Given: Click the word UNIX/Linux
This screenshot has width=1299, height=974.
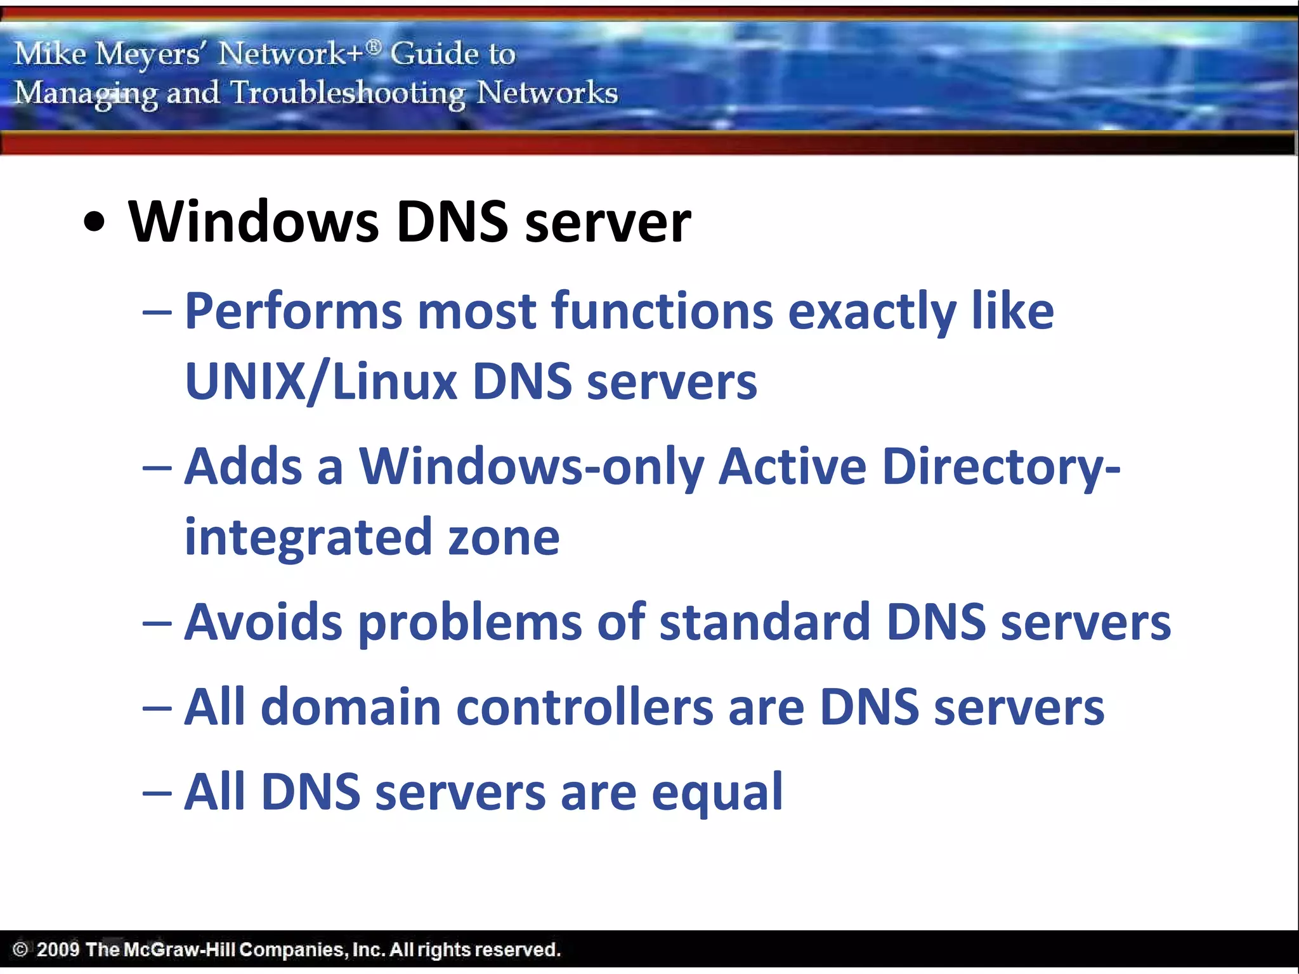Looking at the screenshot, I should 321,382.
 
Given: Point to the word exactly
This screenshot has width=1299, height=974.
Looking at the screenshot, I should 871,313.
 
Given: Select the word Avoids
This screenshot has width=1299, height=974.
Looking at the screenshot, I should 263,622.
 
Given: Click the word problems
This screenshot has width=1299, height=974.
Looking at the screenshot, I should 470,623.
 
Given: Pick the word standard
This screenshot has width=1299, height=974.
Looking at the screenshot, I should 764,622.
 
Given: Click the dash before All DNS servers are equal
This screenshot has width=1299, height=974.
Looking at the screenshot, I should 157,793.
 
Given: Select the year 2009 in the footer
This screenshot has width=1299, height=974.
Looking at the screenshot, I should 58,949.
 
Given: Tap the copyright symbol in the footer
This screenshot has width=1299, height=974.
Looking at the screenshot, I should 20,949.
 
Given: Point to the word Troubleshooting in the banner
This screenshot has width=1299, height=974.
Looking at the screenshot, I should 348,93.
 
